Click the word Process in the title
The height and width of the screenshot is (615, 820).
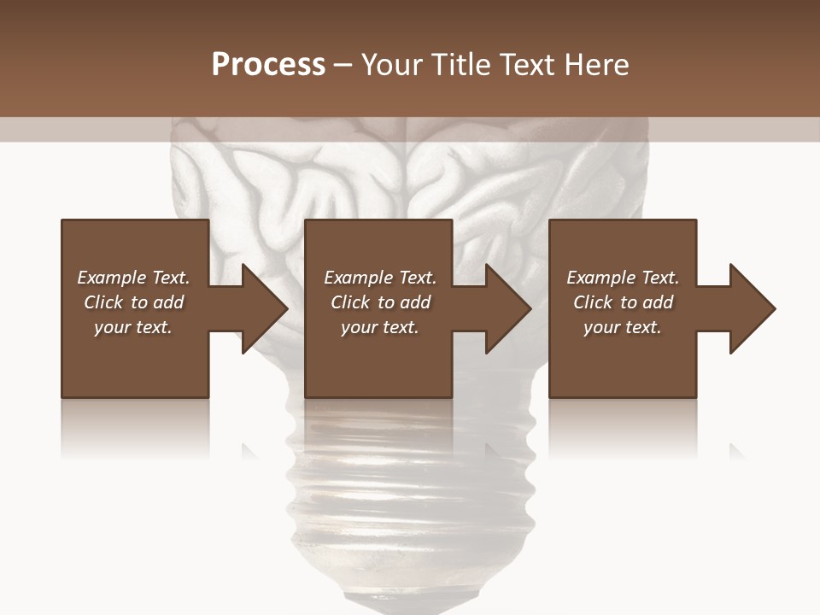pyautogui.click(x=268, y=64)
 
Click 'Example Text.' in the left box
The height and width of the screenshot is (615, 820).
pyautogui.click(x=133, y=278)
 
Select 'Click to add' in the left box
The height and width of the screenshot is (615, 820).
pyautogui.click(x=133, y=302)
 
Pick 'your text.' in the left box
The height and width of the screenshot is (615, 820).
pyautogui.click(x=133, y=327)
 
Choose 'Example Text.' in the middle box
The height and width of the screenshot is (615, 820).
pyautogui.click(x=380, y=278)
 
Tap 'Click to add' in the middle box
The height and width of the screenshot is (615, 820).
pyautogui.click(x=380, y=302)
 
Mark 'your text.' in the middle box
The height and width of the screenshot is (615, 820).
pyautogui.click(x=380, y=327)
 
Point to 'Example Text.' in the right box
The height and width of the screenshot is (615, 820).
pyautogui.click(x=623, y=278)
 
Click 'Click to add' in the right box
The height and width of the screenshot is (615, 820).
pyautogui.click(x=623, y=302)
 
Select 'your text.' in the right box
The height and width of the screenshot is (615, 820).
pyautogui.click(x=623, y=327)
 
